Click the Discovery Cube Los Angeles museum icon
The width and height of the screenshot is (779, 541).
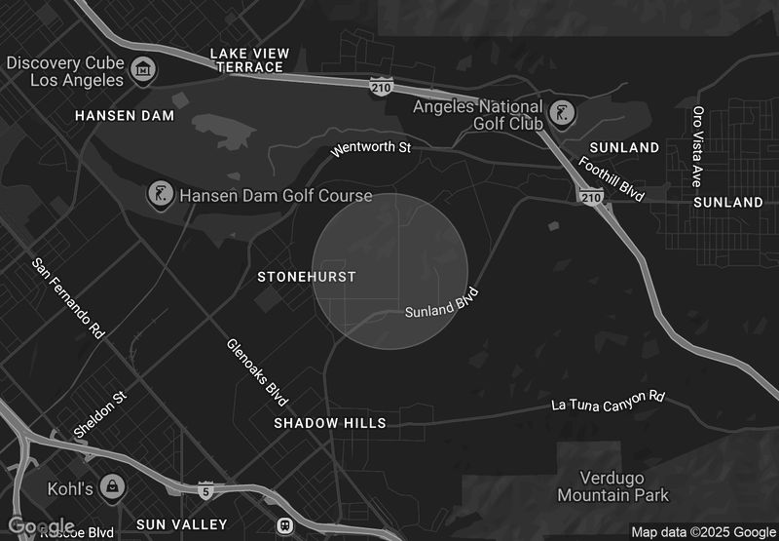coord(144,70)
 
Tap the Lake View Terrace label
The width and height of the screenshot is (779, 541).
coord(246,59)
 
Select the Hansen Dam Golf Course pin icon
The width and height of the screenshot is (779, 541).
coord(158,195)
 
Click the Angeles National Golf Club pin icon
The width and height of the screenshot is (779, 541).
coord(561,114)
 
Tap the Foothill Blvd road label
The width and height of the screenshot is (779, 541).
coord(612,178)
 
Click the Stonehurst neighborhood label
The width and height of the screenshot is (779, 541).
coord(306,277)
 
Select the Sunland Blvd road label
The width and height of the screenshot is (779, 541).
coord(442,303)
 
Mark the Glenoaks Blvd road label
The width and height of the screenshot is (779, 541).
coord(257,372)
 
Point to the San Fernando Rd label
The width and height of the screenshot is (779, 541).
coord(68,297)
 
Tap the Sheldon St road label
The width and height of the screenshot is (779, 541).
coord(100,415)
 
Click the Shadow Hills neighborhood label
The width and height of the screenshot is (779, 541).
coord(329,423)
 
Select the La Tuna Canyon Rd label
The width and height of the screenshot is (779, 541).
coord(608,401)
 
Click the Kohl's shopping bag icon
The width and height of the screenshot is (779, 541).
coord(114,486)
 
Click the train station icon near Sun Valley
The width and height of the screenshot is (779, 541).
coord(284,524)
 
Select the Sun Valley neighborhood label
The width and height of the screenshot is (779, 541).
coord(181,524)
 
